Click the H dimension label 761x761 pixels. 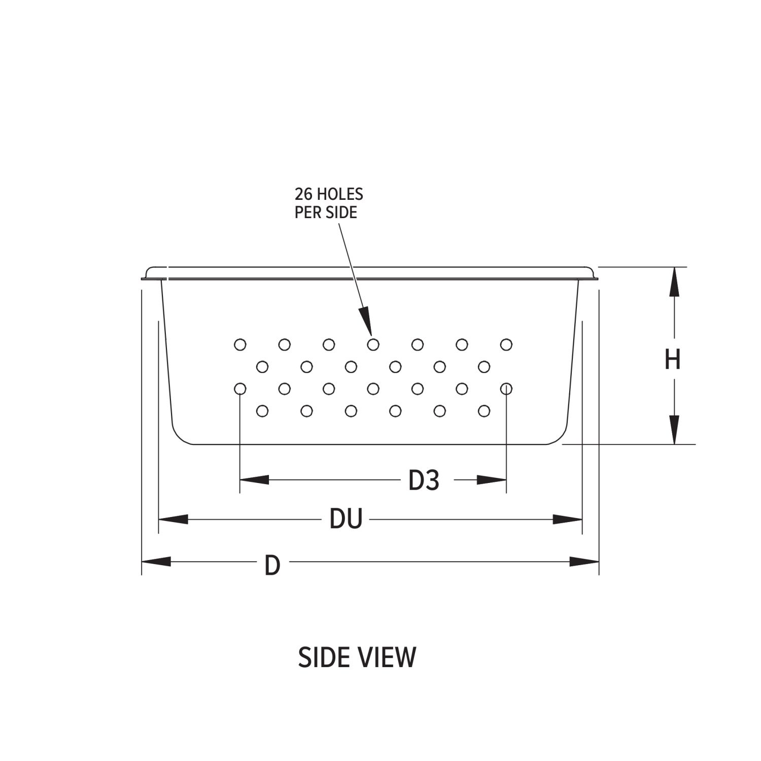pyautogui.click(x=672, y=359)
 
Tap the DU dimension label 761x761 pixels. pyautogui.click(x=345, y=519)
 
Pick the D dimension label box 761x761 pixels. pyautogui.click(x=272, y=565)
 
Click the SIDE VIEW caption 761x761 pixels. pyautogui.click(x=357, y=657)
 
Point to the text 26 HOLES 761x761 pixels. pyautogui.click(x=329, y=194)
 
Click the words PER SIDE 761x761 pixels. pyautogui.click(x=326, y=212)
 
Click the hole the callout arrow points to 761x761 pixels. pyautogui.click(x=373, y=345)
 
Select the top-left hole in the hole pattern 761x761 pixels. pyautogui.click(x=240, y=345)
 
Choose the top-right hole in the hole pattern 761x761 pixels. pyautogui.click(x=506, y=345)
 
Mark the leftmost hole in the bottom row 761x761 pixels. pyautogui.click(x=262, y=411)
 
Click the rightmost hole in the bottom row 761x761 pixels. pyautogui.click(x=484, y=411)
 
